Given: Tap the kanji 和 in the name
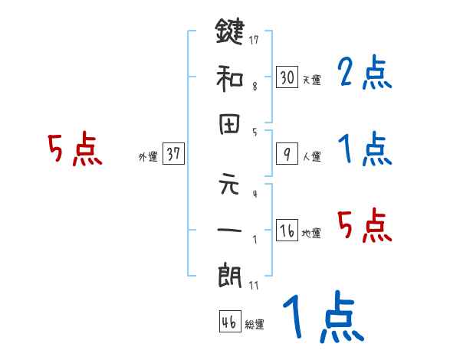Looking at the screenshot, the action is [231, 78].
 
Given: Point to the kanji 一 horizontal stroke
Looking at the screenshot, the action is [231, 231].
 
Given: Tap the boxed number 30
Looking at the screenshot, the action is [287, 77].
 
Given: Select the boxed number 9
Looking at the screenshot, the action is [287, 154].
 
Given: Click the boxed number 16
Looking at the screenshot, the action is [287, 231].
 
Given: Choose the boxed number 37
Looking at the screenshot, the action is [173, 154].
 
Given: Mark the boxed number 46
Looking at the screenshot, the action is [228, 322].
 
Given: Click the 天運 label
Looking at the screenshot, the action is [311, 80].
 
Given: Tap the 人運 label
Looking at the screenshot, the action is [311, 156].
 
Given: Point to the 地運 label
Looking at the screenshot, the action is [311, 233].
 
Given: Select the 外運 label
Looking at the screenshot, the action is [148, 156].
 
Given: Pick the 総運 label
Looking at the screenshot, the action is [254, 325].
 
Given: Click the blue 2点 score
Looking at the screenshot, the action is [365, 74].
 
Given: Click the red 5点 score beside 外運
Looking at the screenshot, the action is [74, 149].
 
